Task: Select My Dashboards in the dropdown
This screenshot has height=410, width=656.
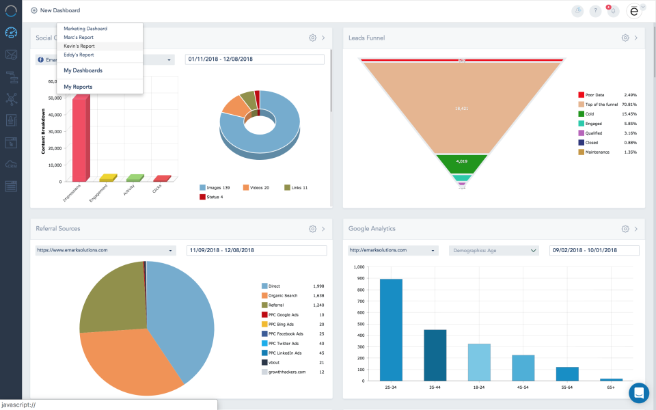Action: pos(83,70)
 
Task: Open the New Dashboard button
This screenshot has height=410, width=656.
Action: pos(55,10)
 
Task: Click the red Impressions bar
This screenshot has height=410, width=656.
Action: pos(80,137)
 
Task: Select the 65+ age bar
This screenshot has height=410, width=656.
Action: pos(611,379)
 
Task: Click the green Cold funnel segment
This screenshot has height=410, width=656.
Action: pos(462,163)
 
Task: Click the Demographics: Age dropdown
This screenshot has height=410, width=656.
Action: pos(494,250)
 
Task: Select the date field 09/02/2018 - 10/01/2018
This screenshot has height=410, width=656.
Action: pos(594,250)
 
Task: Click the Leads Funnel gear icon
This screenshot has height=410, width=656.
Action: pos(625,38)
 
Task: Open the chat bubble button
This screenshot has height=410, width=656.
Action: pos(639,393)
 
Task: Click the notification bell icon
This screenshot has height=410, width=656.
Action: pos(613,11)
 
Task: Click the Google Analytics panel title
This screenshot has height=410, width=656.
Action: pos(372,228)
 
